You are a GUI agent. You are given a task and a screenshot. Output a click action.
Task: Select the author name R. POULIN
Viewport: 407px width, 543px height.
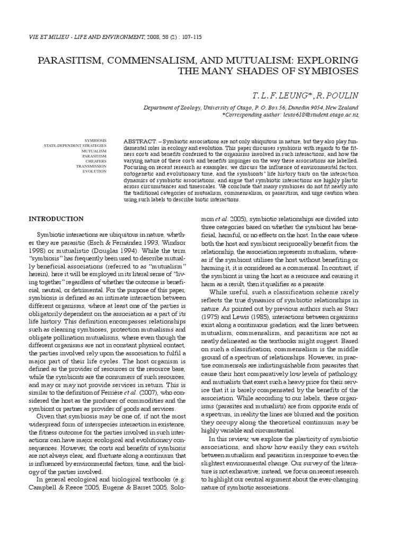pos(338,95)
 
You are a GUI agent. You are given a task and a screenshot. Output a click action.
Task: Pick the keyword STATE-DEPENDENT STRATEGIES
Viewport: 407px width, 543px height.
pos(75,145)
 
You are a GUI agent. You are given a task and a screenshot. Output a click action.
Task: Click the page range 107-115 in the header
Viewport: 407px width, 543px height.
pos(187,37)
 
